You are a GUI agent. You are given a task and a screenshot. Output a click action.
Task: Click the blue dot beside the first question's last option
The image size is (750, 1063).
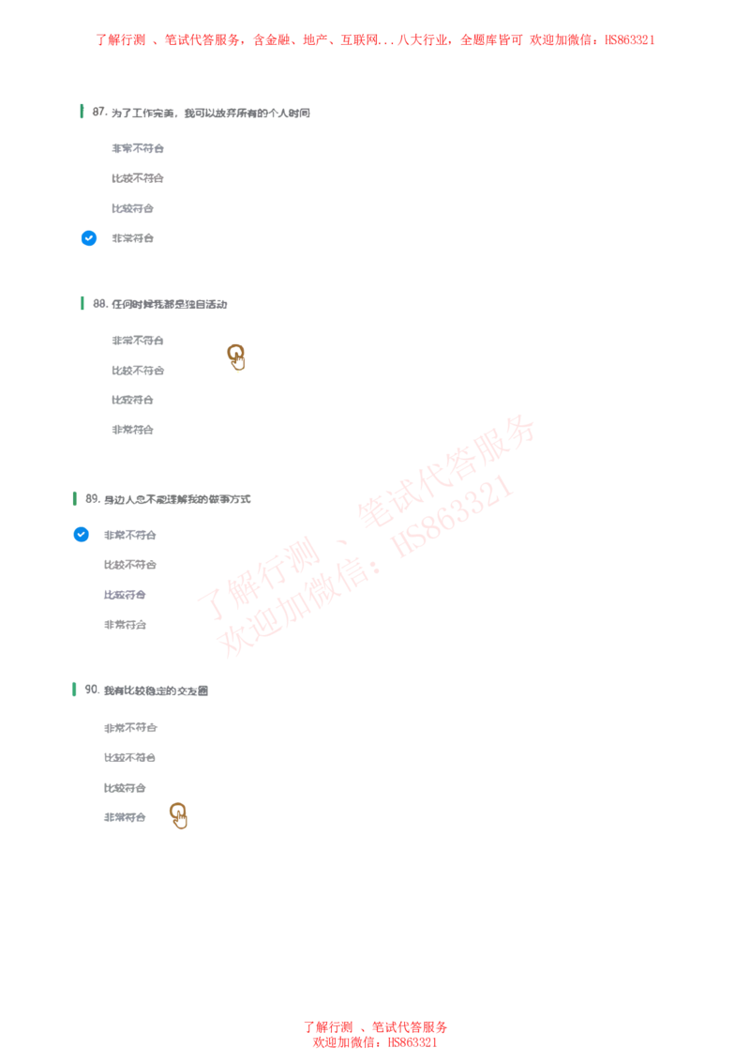click(x=88, y=237)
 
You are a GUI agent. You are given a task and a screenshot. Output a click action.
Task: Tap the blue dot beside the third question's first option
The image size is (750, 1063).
click(x=81, y=534)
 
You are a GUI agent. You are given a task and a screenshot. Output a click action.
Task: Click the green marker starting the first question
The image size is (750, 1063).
click(x=82, y=110)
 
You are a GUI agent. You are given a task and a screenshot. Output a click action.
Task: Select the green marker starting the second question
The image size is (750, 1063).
click(x=82, y=303)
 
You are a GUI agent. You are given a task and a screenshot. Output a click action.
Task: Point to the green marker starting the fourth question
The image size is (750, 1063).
click(x=74, y=688)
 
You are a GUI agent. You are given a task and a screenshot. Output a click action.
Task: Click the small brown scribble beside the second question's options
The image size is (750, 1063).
click(x=236, y=356)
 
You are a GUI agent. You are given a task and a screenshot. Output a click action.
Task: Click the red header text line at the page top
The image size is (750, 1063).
click(x=376, y=39)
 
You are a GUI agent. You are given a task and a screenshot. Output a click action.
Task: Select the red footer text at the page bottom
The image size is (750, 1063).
click(x=375, y=1034)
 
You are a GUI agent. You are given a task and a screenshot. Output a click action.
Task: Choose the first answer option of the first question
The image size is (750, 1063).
click(x=134, y=150)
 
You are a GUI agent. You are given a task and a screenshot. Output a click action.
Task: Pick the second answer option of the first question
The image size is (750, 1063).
click(x=134, y=180)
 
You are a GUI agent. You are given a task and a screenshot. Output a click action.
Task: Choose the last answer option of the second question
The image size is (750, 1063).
click(x=131, y=428)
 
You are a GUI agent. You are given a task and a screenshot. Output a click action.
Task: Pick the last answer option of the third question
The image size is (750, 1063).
click(x=124, y=623)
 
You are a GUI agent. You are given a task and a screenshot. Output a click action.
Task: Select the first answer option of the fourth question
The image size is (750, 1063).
click(x=128, y=727)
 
